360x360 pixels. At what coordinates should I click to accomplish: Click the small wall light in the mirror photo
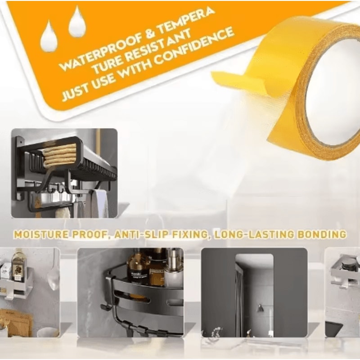click(260, 308)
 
